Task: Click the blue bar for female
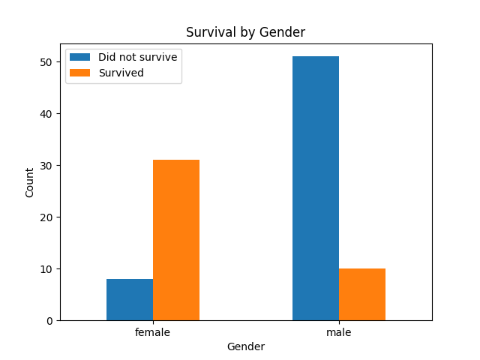click(x=130, y=300)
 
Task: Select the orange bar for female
click(x=176, y=240)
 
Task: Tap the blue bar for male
click(x=316, y=188)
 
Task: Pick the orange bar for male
click(x=362, y=295)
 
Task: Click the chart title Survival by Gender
click(x=245, y=32)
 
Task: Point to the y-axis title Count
click(x=30, y=182)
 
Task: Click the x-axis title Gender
click(x=245, y=346)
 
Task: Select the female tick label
click(x=153, y=331)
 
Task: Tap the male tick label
click(x=339, y=331)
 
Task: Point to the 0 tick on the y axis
click(x=49, y=321)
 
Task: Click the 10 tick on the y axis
click(x=46, y=269)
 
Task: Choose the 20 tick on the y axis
click(x=46, y=217)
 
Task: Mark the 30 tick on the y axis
click(x=46, y=166)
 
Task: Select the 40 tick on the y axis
click(x=46, y=114)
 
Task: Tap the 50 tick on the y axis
click(x=46, y=62)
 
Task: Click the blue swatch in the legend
click(x=81, y=57)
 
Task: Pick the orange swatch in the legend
click(x=81, y=73)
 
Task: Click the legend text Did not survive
click(x=137, y=57)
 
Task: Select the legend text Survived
click(x=121, y=73)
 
